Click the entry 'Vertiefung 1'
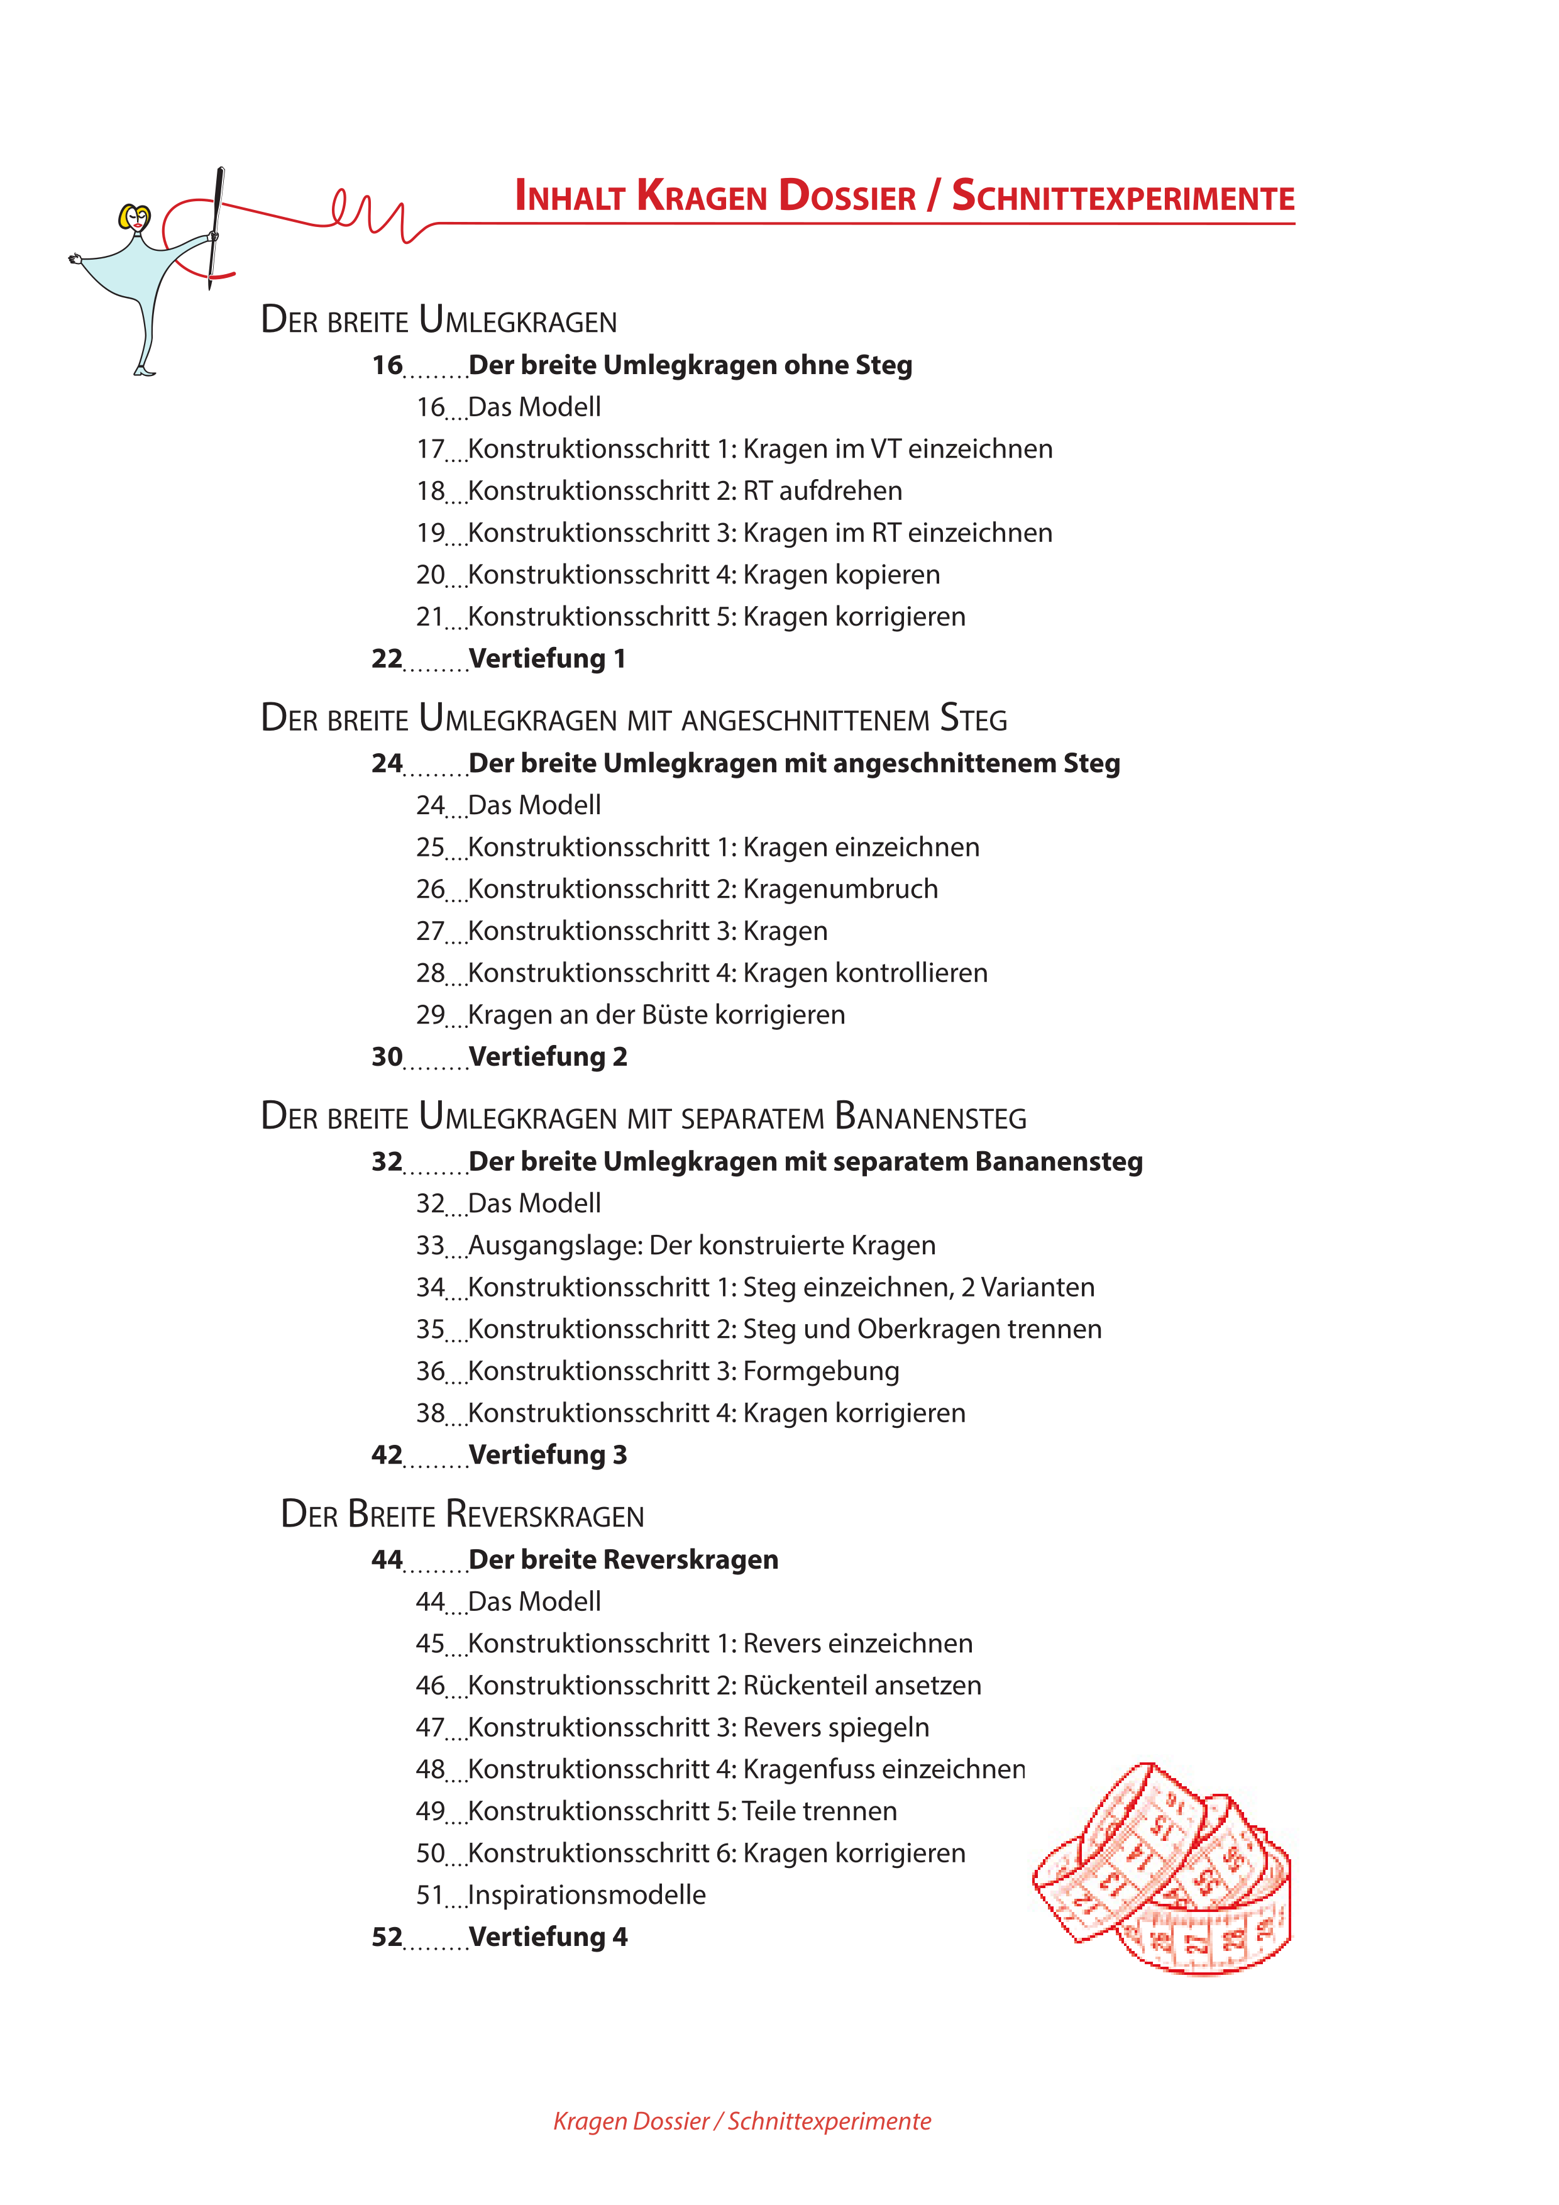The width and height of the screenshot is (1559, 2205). (546, 659)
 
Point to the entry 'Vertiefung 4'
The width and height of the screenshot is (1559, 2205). (547, 1937)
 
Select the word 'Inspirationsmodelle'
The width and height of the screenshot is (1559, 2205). (587, 1895)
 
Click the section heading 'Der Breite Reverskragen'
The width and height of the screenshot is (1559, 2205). (463, 1515)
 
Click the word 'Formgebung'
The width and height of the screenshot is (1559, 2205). (821, 1371)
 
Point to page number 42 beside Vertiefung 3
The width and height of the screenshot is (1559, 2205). (387, 1455)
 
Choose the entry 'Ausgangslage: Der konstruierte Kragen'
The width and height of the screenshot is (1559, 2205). (701, 1246)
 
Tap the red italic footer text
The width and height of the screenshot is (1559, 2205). (741, 2121)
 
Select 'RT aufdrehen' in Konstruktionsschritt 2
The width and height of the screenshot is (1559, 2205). (822, 491)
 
